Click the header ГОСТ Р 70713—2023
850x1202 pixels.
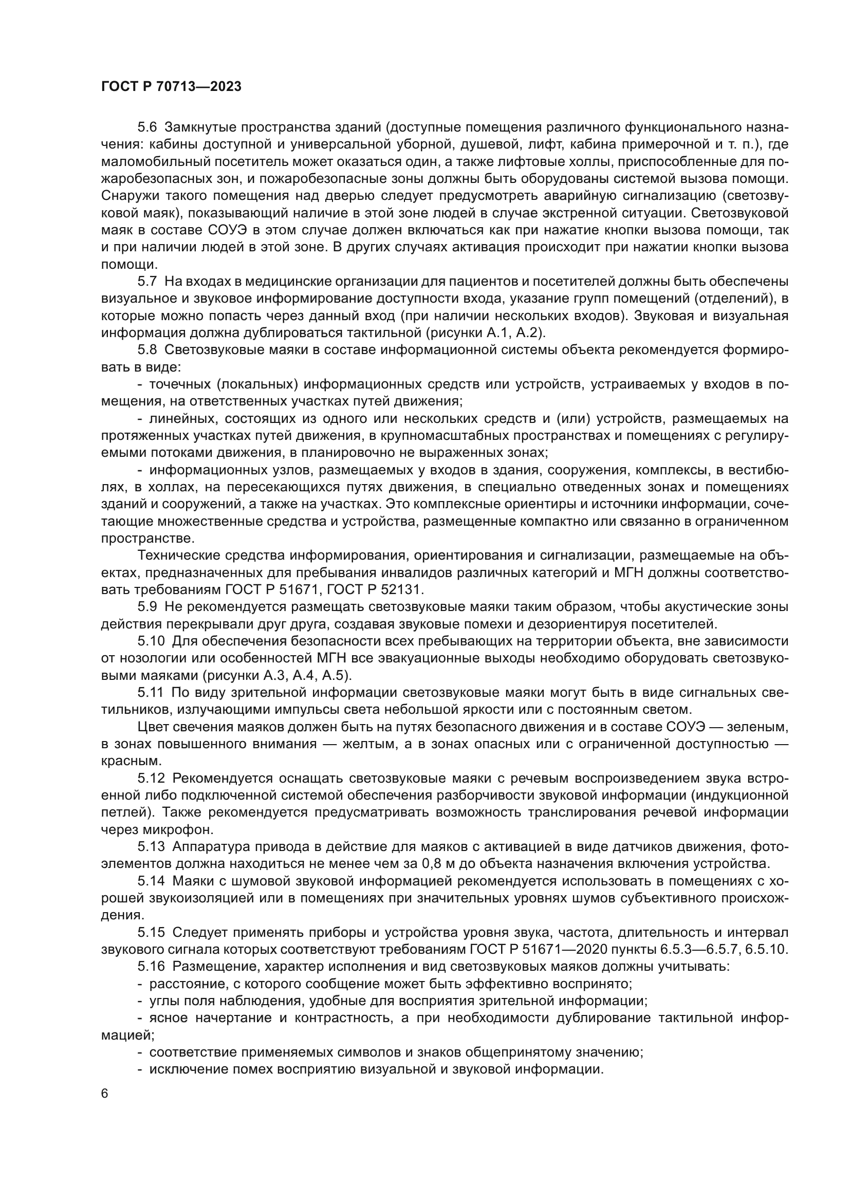tap(171, 87)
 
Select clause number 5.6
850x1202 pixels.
tap(147, 127)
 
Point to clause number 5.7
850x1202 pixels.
tap(147, 282)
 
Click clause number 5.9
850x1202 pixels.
tap(147, 607)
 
